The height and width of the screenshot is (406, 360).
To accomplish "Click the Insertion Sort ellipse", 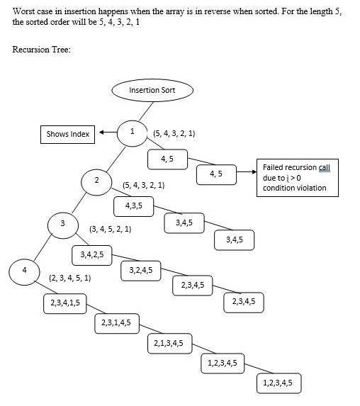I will coord(152,91).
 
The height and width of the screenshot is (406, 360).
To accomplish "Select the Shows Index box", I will coord(67,133).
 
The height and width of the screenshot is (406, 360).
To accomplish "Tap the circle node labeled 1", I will coord(132,132).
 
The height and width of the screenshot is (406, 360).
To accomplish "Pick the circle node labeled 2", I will coord(96,181).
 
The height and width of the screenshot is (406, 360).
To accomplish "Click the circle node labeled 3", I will coord(62,225).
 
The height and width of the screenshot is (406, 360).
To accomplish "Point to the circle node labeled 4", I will coord(25,271).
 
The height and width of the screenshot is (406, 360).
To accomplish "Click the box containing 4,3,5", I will coord(133,205).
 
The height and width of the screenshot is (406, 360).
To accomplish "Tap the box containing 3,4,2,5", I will coord(92,254).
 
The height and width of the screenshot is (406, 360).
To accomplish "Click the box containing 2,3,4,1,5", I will coord(65,303).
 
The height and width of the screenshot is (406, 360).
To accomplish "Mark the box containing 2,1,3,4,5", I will coord(169,344).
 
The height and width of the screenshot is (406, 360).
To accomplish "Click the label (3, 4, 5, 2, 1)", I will coord(110,230).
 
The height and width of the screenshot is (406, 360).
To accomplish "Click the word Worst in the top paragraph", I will coord(26,13).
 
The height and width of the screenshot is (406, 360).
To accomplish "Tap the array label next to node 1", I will coord(174,133).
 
